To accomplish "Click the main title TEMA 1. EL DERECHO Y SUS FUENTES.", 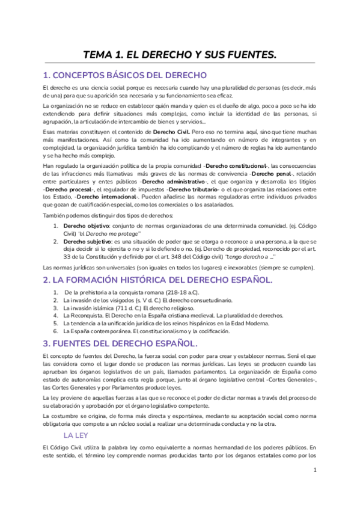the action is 180,55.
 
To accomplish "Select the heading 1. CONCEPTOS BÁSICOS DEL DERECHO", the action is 124,76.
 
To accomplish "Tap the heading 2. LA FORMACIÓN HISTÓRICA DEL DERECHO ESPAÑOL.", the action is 157,280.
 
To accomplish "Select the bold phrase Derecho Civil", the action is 172,131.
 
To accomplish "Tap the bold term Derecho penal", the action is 272,174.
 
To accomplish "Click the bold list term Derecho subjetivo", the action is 85,241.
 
